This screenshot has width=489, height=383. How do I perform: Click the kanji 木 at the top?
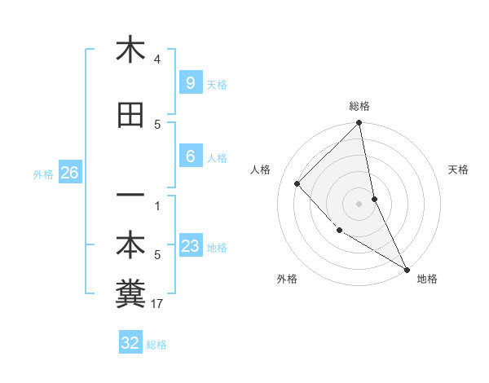pyautogui.click(x=130, y=50)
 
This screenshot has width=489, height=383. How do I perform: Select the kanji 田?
pyautogui.click(x=130, y=117)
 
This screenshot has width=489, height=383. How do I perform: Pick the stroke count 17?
pyautogui.click(x=157, y=304)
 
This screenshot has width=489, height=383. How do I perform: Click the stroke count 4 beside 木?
pyautogui.click(x=157, y=59)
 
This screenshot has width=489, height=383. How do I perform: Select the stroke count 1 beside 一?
pyautogui.click(x=157, y=205)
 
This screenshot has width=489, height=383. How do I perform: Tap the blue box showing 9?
pyautogui.click(x=190, y=83)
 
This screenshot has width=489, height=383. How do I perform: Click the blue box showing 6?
pyautogui.click(x=190, y=156)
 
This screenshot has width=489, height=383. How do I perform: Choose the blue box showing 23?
pyautogui.click(x=190, y=246)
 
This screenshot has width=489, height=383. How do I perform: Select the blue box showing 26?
pyautogui.click(x=69, y=173)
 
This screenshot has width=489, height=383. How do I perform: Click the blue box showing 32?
pyautogui.click(x=130, y=343)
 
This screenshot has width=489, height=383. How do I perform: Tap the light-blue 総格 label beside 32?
pyautogui.click(x=156, y=345)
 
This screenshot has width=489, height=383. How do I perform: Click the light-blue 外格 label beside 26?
pyautogui.click(x=43, y=174)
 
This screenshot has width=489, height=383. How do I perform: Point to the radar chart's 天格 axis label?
pyautogui.click(x=458, y=169)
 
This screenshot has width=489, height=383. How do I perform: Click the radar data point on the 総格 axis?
pyautogui.click(x=359, y=124)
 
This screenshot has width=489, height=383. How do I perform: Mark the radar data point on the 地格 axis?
pyautogui.click(x=406, y=268)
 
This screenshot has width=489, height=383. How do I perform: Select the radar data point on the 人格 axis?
pyautogui.click(x=297, y=183)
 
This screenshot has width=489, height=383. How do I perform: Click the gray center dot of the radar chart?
pyautogui.click(x=359, y=203)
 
